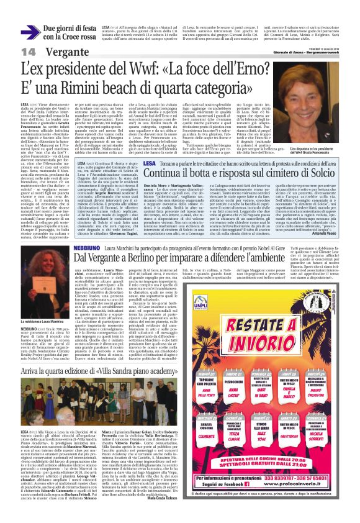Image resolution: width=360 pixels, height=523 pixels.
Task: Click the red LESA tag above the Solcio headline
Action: tap(114, 162)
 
